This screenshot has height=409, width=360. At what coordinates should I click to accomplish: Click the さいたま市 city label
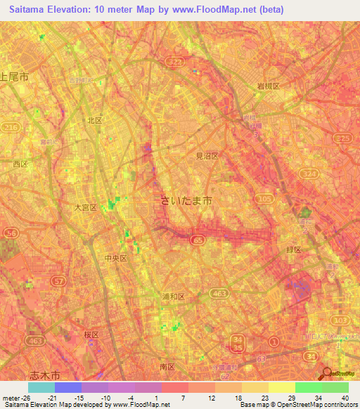click(187, 201)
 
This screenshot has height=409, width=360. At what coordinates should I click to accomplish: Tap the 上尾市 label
click(14, 77)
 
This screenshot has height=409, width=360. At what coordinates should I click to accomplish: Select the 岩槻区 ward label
click(268, 86)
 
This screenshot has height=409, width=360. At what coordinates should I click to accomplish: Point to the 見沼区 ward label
click(207, 156)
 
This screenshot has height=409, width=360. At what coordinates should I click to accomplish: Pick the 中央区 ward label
click(115, 258)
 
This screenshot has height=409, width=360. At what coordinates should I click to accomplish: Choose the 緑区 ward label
click(292, 249)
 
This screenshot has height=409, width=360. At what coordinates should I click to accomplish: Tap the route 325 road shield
click(343, 139)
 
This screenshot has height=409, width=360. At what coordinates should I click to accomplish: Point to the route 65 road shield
click(197, 240)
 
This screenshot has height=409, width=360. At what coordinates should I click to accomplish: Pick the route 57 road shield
click(59, 280)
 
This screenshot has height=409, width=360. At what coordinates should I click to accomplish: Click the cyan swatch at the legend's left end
click(41, 387)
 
